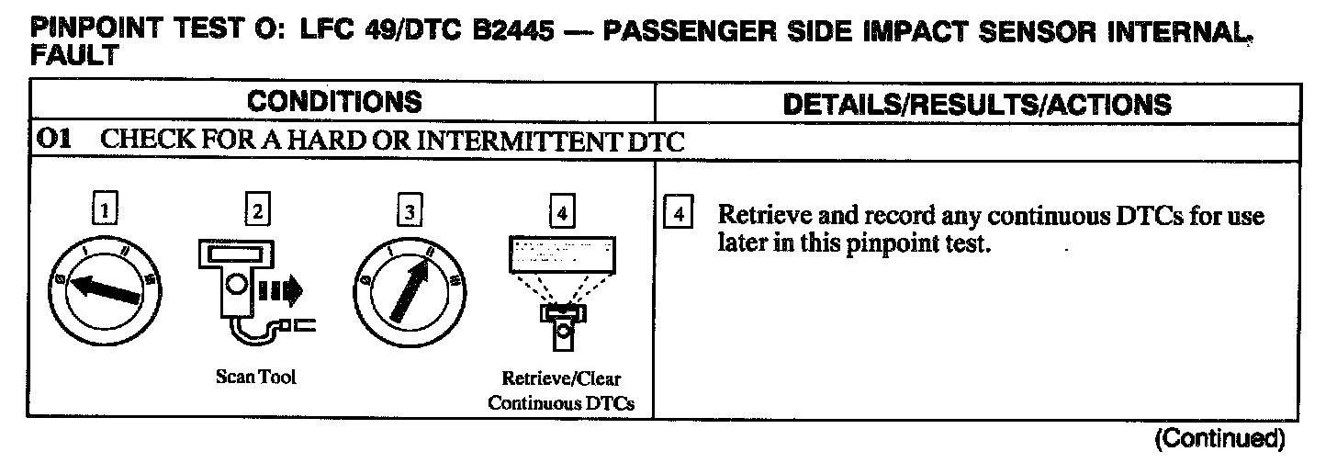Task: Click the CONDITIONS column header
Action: click(334, 102)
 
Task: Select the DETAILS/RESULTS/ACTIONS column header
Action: click(977, 104)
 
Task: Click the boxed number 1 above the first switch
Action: click(107, 212)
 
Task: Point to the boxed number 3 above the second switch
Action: click(407, 212)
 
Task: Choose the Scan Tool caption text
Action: click(256, 377)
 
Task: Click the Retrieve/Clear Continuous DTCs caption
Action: click(561, 390)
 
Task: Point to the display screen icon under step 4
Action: click(561, 254)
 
